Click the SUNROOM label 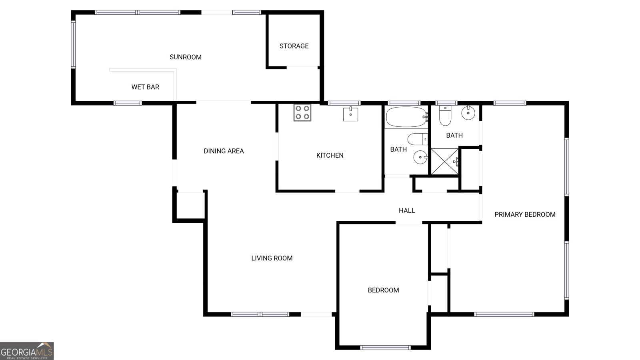click(186, 57)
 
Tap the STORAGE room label click(294, 46)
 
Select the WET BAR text click(145, 87)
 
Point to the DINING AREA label click(224, 151)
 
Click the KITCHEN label click(330, 156)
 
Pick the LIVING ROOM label click(272, 258)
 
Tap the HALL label click(407, 211)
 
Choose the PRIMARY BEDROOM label click(525, 215)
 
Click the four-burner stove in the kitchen click(302, 112)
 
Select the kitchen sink click(350, 114)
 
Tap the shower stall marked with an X click(444, 162)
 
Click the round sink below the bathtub click(420, 157)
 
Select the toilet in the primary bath click(445, 115)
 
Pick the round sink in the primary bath click(468, 113)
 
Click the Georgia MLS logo click(27, 351)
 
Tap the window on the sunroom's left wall click(74, 44)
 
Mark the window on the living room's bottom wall click(260, 314)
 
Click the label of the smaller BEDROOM click(383, 290)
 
